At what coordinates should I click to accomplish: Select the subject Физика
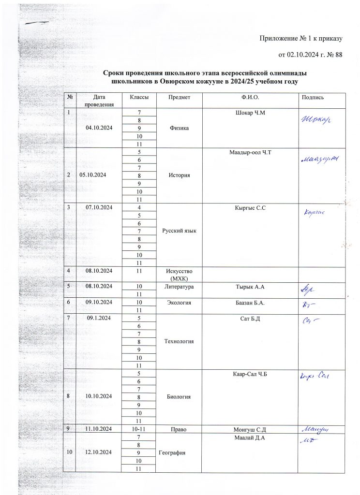click(179, 129)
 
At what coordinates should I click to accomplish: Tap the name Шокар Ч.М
click(250, 114)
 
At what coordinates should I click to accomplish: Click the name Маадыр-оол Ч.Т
click(250, 153)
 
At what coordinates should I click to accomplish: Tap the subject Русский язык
click(179, 232)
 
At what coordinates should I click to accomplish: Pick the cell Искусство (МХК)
click(179, 275)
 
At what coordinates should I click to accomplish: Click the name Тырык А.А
click(250, 288)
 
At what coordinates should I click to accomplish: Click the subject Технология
click(179, 341)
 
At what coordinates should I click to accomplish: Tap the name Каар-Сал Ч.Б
click(250, 374)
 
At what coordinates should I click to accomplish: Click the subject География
click(179, 452)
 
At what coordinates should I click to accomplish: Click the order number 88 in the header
click(338, 55)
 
